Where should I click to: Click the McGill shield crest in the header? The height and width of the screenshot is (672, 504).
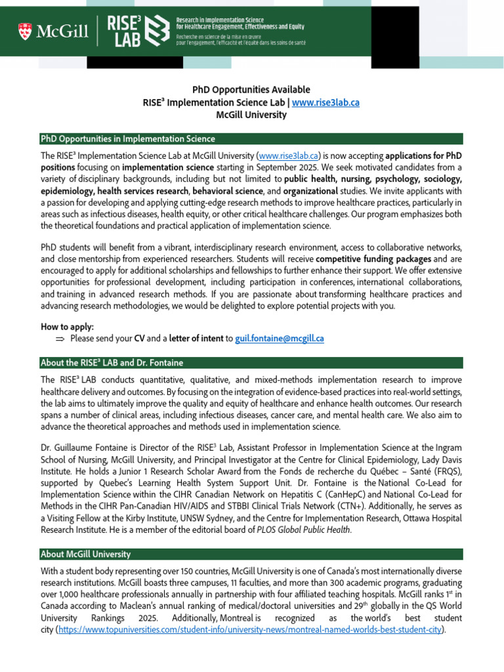(25, 30)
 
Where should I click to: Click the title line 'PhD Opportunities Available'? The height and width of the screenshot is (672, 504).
(251, 90)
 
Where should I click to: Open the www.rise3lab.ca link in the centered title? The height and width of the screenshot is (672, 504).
(325, 102)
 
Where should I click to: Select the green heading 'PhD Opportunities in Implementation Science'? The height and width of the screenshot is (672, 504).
(127, 138)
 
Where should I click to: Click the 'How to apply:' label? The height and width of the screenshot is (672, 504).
(68, 326)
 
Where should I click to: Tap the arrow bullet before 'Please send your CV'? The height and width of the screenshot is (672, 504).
(60, 339)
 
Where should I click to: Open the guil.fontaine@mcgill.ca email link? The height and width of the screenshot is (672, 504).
(280, 339)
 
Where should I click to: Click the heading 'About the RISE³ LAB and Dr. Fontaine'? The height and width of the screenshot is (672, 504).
(112, 363)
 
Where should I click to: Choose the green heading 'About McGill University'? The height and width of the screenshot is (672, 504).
(85, 555)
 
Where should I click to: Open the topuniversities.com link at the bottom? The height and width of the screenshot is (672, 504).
(251, 630)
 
